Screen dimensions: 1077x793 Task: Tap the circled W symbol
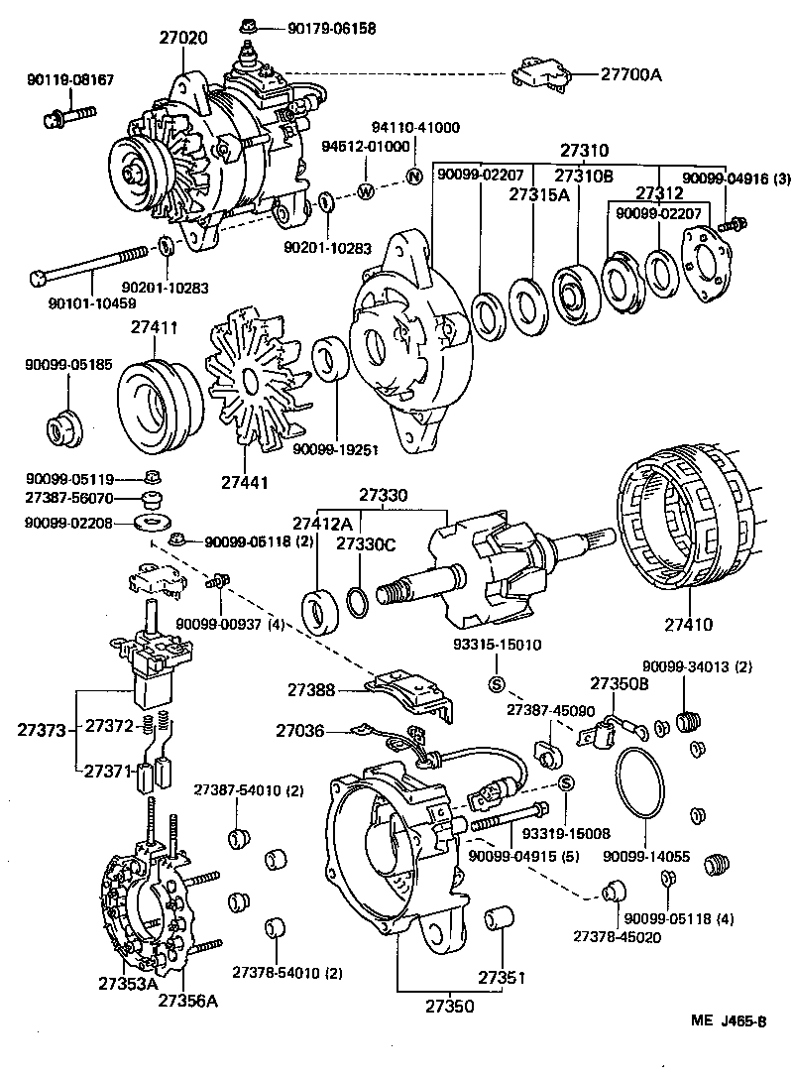(365, 191)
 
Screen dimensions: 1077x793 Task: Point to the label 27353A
(127, 984)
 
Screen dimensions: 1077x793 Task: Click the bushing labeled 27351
(498, 919)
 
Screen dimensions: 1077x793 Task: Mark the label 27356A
(187, 1000)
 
